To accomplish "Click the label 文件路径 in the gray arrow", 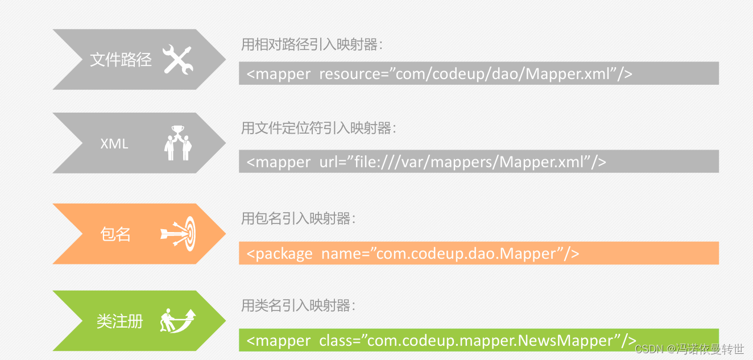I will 121,60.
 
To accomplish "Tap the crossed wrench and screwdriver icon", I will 178,60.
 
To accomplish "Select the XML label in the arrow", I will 114,144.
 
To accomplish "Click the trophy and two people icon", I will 177,143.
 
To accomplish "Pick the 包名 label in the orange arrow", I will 115,234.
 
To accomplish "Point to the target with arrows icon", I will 178,233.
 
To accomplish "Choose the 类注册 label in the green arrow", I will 119,322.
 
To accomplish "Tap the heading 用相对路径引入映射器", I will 312,45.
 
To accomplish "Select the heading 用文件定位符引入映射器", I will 318,129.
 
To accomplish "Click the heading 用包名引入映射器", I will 298,218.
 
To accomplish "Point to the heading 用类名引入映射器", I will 298,306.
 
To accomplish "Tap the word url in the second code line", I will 329,162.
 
